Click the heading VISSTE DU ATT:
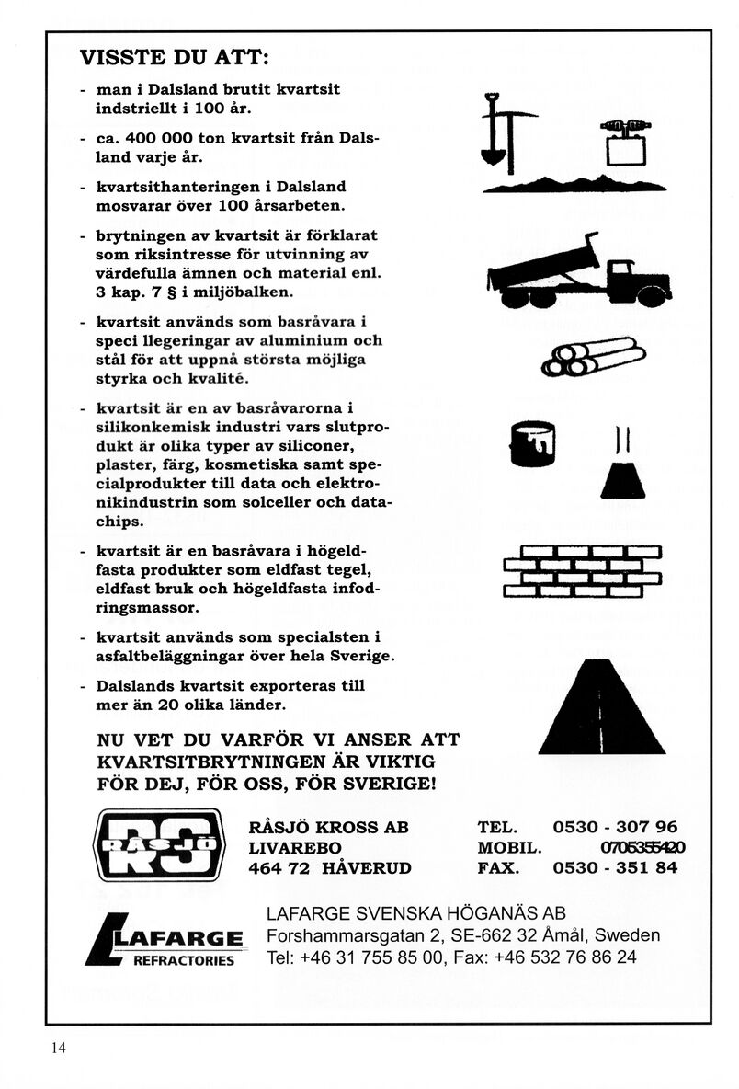(175, 58)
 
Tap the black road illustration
(600, 708)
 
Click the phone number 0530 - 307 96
(615, 827)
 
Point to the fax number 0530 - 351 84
(615, 867)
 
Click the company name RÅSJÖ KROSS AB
(328, 827)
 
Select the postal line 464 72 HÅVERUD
(330, 867)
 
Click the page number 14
(59, 1048)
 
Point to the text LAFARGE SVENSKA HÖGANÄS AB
(415, 913)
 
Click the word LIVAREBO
(295, 847)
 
